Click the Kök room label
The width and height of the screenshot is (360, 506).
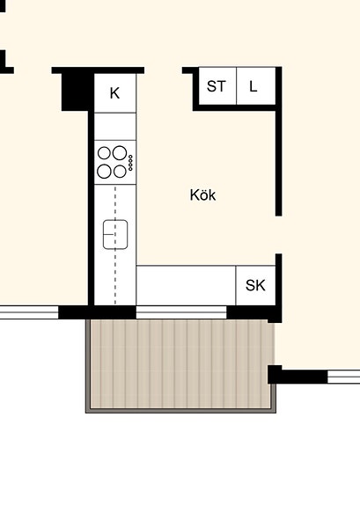(202, 194)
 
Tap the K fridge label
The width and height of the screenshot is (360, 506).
(114, 93)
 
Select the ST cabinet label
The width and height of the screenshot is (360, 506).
(216, 86)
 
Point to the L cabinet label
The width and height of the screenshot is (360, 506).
(253, 86)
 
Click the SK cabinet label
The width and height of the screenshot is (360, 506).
(255, 285)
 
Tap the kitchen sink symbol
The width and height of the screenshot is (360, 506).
(115, 235)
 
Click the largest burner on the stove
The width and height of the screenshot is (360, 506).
(120, 152)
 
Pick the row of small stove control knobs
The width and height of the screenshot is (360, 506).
(130, 163)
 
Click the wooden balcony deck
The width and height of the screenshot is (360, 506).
(180, 364)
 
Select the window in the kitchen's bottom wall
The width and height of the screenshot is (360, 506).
(181, 312)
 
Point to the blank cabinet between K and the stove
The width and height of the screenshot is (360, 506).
(115, 127)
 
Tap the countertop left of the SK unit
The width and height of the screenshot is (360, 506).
(186, 286)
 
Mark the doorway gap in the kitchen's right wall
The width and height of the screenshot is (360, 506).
(279, 235)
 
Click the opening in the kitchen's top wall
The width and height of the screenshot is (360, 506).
(164, 70)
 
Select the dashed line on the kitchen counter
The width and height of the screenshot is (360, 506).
(115, 245)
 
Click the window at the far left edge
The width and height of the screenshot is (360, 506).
(29, 312)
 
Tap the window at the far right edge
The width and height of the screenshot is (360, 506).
(343, 377)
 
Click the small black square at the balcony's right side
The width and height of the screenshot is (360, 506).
(275, 375)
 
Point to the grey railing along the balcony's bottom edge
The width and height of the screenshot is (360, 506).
(180, 411)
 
